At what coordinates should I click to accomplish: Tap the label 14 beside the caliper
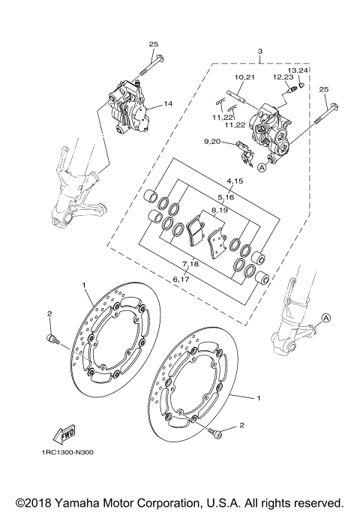(x=168, y=103)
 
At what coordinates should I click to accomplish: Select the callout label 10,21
(x=245, y=77)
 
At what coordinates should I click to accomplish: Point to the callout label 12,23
(x=283, y=77)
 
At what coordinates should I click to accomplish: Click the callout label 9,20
(x=212, y=142)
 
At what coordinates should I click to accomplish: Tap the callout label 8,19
(x=219, y=211)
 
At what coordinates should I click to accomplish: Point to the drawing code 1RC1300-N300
(x=63, y=453)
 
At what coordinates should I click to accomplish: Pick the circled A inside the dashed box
(x=262, y=168)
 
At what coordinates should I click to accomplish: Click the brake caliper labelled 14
(x=129, y=106)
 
